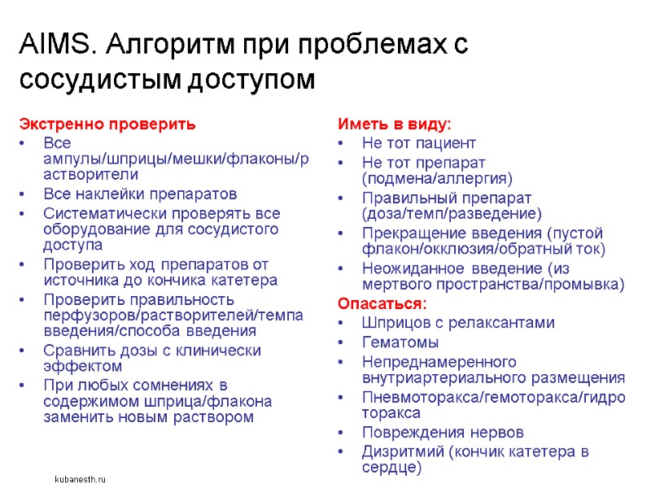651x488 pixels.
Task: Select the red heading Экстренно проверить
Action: (107, 124)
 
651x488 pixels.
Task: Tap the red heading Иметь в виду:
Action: (394, 124)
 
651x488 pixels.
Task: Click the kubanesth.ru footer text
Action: (80, 480)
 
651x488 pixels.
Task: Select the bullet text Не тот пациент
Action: (418, 143)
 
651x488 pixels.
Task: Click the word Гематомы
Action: (400, 342)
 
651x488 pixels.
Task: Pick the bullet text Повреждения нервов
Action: (443, 432)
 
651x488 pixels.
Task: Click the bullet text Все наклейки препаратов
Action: (140, 194)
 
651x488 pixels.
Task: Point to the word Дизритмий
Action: (401, 451)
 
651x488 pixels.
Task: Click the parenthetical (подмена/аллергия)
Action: (437, 178)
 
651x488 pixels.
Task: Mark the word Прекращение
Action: (409, 233)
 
